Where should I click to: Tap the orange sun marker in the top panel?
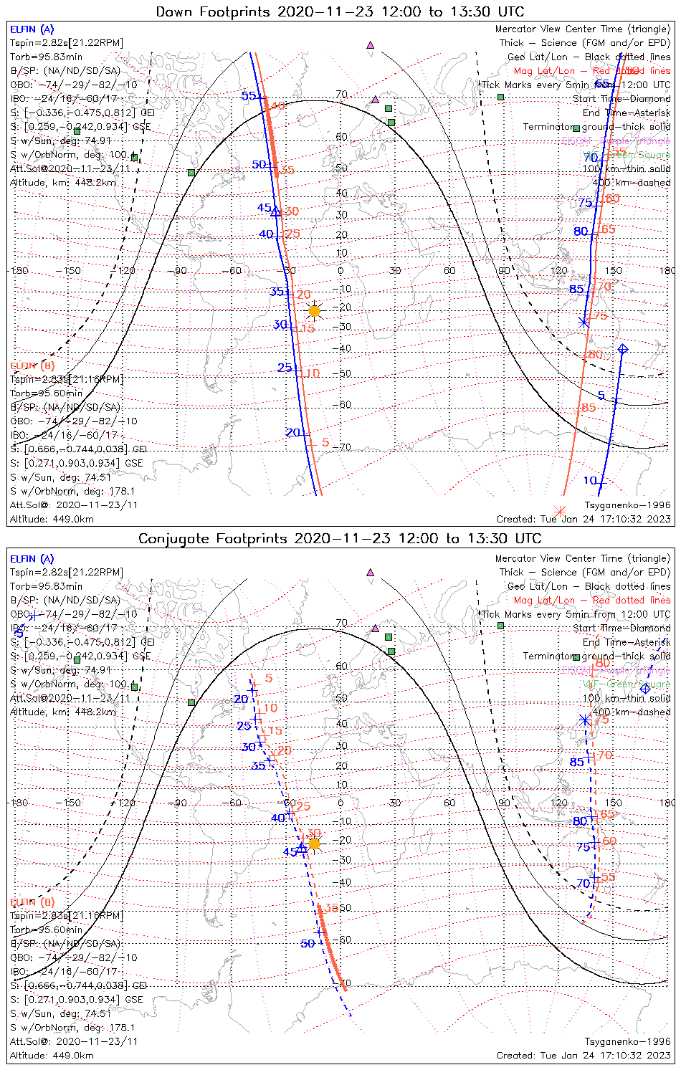(314, 311)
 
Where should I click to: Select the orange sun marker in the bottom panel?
(314, 844)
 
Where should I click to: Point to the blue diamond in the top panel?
(623, 349)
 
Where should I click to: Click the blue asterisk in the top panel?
(584, 321)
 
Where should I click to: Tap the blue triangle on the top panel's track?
(275, 209)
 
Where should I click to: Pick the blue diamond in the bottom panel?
(645, 689)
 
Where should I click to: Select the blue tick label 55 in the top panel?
(249, 96)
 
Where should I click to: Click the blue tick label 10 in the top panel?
(590, 480)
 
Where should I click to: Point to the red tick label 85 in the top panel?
(589, 408)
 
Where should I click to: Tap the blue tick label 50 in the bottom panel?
(308, 944)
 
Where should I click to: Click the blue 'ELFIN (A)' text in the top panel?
(32, 29)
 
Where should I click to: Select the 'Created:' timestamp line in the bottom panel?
(584, 1056)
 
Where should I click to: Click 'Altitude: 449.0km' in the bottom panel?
(52, 1056)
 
